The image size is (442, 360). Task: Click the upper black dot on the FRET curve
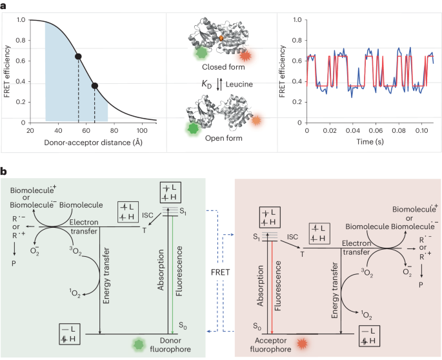point(78,57)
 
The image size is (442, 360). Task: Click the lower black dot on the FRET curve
point(95,85)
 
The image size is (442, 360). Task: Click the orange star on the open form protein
point(257,121)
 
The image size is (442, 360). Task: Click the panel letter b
point(5,172)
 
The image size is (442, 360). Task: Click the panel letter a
point(5,5)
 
